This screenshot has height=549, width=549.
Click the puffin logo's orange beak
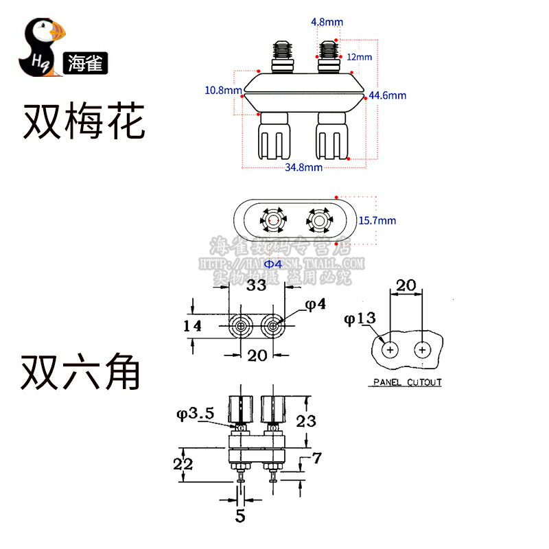click(x=58, y=31)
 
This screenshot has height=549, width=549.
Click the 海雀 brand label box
click(x=84, y=64)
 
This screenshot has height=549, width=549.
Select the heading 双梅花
click(x=84, y=121)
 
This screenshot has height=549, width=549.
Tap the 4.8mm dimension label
click(x=326, y=22)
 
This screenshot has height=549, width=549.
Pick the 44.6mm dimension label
click(x=388, y=95)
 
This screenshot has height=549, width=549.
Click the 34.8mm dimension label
click(x=303, y=167)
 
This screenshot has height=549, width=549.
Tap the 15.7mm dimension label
click(x=377, y=220)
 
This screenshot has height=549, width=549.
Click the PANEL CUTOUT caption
click(x=407, y=382)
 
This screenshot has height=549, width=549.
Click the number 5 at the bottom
click(x=240, y=515)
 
